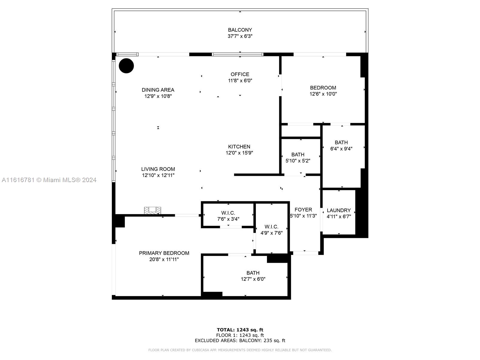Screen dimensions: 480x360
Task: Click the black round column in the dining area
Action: point(126,66)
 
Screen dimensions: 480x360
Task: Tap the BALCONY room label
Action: point(240,30)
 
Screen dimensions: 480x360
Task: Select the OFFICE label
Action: point(240,74)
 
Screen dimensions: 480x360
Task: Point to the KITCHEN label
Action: point(239,147)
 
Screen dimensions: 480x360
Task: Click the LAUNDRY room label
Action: point(339,210)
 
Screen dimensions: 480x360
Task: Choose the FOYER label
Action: point(303,210)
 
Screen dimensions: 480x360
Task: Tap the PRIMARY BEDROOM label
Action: point(164,253)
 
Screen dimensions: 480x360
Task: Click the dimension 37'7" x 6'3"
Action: point(240,36)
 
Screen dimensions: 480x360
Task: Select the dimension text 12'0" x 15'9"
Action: point(239,153)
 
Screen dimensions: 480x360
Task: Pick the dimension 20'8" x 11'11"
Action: point(164,259)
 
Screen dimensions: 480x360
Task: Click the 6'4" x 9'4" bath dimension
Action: point(341,149)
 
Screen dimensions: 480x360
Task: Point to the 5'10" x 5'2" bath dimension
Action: point(298,161)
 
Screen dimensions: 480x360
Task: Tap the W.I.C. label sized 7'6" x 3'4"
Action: point(228,213)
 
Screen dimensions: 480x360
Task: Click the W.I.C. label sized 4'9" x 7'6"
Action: point(271,227)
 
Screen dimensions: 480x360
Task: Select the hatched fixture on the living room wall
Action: point(152,210)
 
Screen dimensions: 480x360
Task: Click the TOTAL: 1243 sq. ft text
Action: point(240,330)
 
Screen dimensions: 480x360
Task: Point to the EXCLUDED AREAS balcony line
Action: point(240,340)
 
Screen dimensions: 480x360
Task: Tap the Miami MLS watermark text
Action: point(49,180)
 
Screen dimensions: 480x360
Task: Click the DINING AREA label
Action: point(158,90)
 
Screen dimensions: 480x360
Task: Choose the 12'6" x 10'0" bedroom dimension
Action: point(323,94)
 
